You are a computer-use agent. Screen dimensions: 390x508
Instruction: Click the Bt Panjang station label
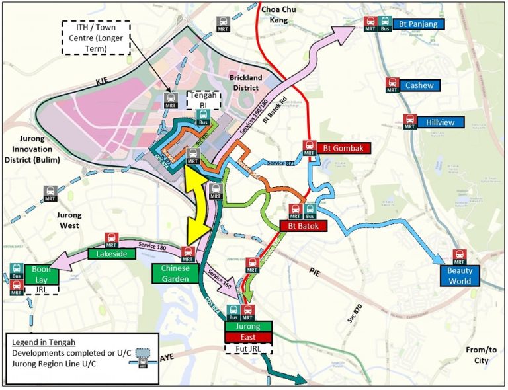click(419, 24)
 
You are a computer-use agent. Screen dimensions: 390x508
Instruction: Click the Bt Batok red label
click(304, 226)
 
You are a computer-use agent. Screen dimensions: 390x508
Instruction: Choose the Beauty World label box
click(460, 276)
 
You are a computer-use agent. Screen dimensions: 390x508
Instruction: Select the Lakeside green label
click(108, 253)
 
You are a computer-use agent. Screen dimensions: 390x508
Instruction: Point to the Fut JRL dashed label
click(249, 348)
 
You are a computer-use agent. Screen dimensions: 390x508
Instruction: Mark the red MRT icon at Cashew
click(392, 85)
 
